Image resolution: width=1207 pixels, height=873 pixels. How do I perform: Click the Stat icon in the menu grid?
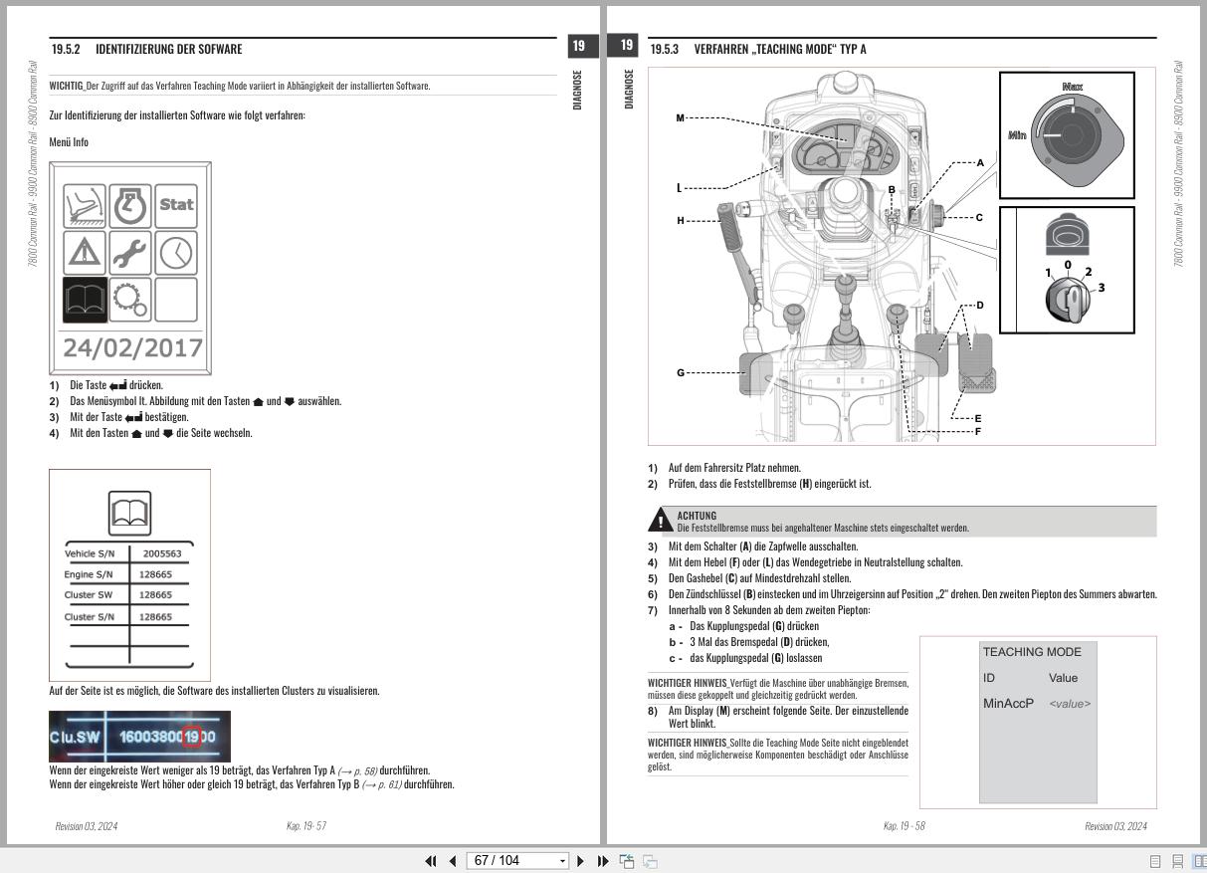tap(175, 205)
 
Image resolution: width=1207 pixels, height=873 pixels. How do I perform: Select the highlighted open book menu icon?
tap(85, 299)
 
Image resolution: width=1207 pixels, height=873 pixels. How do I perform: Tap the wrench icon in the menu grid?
tap(130, 252)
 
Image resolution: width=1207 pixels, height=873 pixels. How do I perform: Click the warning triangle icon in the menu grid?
tap(85, 252)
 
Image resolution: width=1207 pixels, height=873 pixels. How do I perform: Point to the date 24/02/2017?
tap(132, 348)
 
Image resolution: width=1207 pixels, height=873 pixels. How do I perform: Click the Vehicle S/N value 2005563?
tap(161, 553)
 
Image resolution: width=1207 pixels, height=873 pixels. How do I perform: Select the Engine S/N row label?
tap(89, 574)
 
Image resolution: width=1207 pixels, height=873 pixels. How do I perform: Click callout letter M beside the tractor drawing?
tap(680, 118)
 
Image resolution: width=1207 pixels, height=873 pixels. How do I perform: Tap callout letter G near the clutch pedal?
tap(681, 373)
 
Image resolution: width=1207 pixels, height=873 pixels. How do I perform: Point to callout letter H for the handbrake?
tap(681, 220)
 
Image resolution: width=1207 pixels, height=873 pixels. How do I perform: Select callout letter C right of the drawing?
tap(979, 217)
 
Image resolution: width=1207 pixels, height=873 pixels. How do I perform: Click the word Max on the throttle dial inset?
tap(1072, 88)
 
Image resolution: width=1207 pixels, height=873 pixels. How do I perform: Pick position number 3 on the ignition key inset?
tap(1102, 288)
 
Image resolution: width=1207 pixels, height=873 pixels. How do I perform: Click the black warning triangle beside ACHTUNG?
tap(660, 521)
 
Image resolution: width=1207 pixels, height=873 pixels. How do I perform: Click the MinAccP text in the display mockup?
tap(1008, 704)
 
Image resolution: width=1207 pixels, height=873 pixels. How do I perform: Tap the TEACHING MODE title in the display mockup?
tap(1032, 652)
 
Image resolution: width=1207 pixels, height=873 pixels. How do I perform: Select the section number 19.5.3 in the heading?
tap(665, 49)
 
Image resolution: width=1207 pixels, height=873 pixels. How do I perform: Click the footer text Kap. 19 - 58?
tap(904, 826)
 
